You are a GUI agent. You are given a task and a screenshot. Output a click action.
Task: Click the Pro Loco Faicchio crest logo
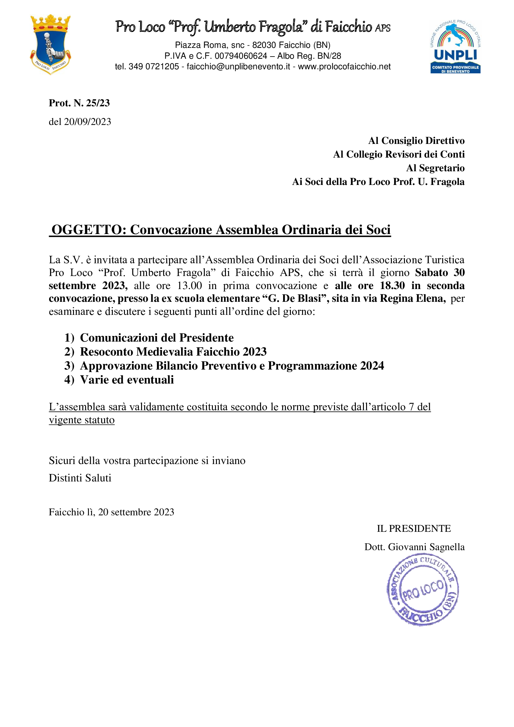point(50,44)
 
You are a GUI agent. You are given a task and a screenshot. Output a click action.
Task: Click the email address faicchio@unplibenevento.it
point(238,67)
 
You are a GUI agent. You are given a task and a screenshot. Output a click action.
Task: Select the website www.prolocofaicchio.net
point(344,67)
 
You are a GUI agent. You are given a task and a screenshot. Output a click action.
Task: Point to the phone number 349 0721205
point(154,67)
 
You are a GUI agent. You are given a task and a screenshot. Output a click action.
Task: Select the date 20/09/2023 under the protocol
point(87,122)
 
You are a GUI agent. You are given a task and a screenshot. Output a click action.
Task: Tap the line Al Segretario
point(435,168)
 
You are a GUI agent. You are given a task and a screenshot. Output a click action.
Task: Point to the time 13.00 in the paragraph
point(189,286)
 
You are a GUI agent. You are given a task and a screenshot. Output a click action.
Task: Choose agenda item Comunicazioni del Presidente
point(157,338)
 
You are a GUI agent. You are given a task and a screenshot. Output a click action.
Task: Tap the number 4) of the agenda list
point(69,380)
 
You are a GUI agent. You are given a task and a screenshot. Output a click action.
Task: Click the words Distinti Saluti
point(80,478)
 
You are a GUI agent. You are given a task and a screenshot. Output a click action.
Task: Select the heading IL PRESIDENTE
point(414,528)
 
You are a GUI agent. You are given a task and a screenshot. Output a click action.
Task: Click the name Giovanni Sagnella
point(426,547)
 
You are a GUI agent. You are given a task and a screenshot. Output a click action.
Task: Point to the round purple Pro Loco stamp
point(423,590)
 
